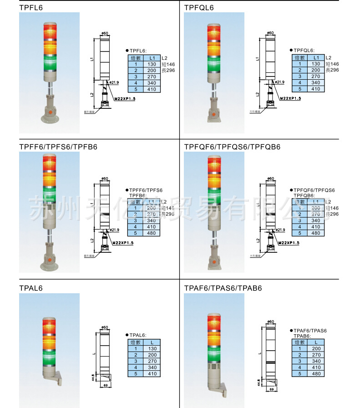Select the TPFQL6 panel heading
pyautogui.click(x=199, y=7)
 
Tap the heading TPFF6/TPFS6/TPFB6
pyautogui.click(x=58, y=147)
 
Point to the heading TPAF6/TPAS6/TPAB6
pyautogui.click(x=223, y=288)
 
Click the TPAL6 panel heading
pyautogui.click(x=30, y=288)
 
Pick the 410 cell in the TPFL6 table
pyautogui.click(x=152, y=89)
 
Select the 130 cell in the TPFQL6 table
pyautogui.click(x=316, y=64)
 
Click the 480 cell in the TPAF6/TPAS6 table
pyautogui.click(x=316, y=373)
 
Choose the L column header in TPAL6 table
pyautogui.click(x=152, y=342)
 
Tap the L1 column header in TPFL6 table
pyautogui.click(x=152, y=58)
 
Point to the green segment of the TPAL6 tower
pyautogui.click(x=49, y=357)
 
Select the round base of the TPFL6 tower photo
pyautogui.click(x=49, y=119)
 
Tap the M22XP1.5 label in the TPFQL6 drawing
pyautogui.click(x=290, y=98)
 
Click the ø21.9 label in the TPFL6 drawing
pyautogui.click(x=114, y=82)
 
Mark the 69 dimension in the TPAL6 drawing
pyautogui.click(x=105, y=385)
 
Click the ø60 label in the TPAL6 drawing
pyautogui.click(x=104, y=327)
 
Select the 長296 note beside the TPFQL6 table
pyautogui.click(x=332, y=70)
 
